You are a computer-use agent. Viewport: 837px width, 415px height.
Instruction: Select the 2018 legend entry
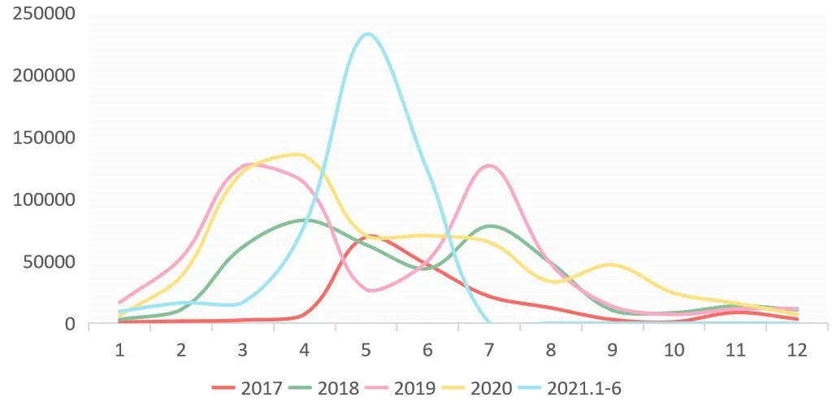pos(323,388)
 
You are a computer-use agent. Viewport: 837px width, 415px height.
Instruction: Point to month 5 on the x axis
pos(366,351)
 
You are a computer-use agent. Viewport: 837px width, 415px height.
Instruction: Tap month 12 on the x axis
pos(797,351)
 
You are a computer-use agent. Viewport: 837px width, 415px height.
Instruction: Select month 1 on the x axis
pos(119,351)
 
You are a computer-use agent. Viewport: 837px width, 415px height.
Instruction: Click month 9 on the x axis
pos(613,351)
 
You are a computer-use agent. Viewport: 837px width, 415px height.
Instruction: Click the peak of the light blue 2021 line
pos(368,34)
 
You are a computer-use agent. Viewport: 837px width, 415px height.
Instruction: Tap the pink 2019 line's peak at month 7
pos(488,166)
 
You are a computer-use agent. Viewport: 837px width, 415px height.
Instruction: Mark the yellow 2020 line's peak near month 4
pos(297,155)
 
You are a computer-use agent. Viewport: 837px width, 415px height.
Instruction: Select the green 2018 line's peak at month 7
pos(490,226)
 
